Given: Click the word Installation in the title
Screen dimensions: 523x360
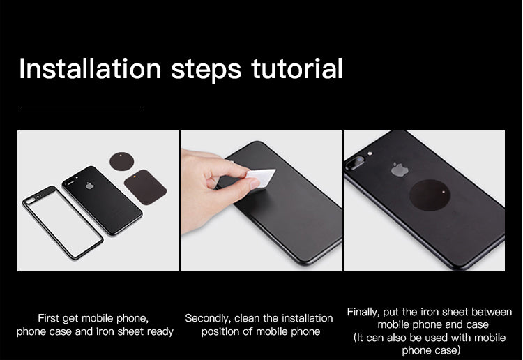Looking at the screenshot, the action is [90, 69].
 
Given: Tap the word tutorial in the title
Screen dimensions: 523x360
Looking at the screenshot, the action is [297, 69].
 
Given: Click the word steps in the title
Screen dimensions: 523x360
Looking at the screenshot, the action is [206, 69].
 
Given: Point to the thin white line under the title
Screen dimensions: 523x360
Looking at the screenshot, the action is [82, 107].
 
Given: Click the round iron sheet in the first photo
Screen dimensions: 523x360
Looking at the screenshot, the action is [122, 161].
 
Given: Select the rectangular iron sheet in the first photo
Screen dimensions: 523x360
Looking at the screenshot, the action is [146, 187].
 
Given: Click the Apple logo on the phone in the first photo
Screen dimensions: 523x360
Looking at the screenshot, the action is [90, 186].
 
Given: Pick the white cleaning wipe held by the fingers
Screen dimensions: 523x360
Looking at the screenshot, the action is [261, 177].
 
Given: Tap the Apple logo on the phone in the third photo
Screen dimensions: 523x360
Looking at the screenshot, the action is [400, 170].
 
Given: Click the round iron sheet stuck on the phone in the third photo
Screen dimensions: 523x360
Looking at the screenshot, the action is [430, 195].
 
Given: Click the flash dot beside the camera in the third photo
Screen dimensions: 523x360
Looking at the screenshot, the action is [370, 153].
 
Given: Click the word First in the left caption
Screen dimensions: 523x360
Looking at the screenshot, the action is [49, 318].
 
